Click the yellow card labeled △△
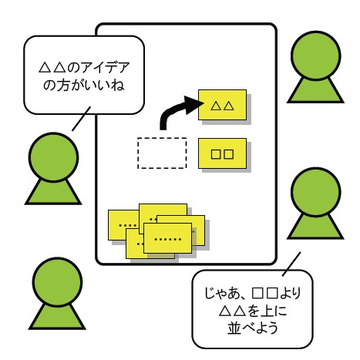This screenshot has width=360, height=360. (222, 104)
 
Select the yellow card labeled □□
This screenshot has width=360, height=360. (222, 153)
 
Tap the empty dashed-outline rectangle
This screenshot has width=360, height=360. (161, 153)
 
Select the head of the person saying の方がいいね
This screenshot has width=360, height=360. (52, 153)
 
